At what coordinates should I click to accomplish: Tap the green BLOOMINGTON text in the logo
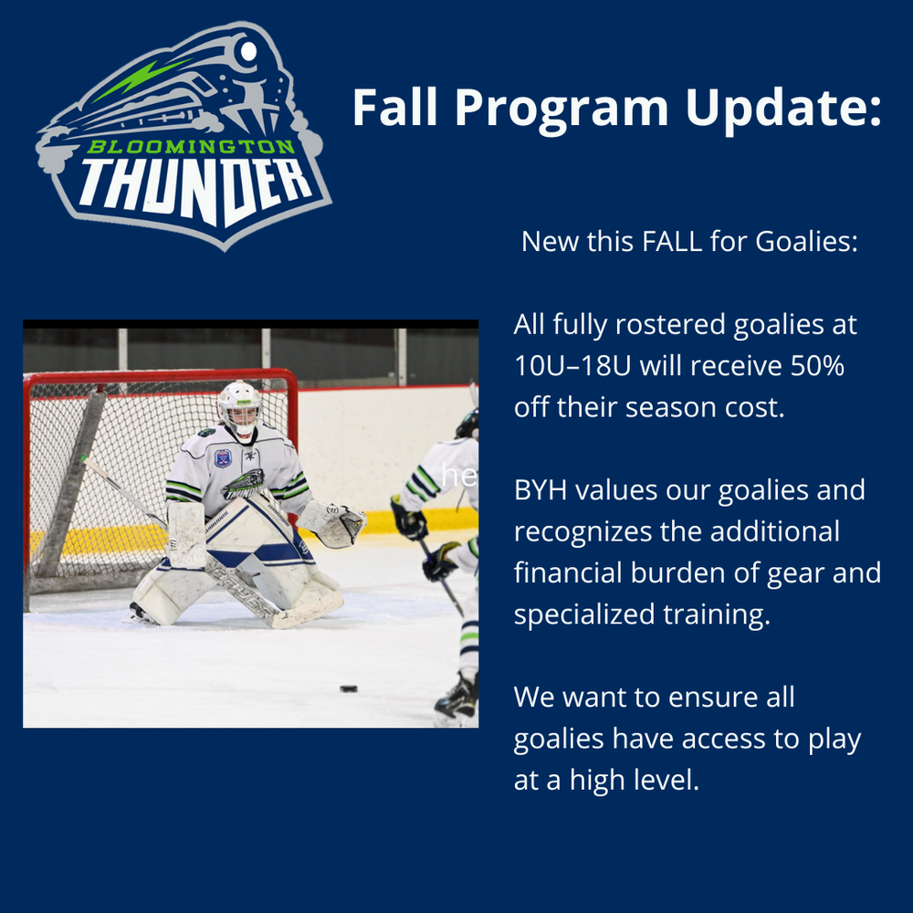pyautogui.click(x=192, y=146)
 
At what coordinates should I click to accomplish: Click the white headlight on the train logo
pyautogui.click(x=248, y=51)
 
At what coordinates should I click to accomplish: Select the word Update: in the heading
pyautogui.click(x=783, y=109)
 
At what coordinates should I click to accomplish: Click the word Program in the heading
pyautogui.click(x=561, y=109)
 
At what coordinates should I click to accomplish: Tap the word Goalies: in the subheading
pyautogui.click(x=806, y=241)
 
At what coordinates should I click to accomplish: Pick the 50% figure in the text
pyautogui.click(x=817, y=366)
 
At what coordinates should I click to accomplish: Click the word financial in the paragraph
pyautogui.click(x=568, y=572)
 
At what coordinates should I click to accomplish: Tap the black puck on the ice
pyautogui.click(x=348, y=688)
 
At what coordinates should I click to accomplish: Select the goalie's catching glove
pyautogui.click(x=333, y=523)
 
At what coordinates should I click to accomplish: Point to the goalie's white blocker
pyautogui.click(x=185, y=534)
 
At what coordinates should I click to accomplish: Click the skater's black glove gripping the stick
pyautogui.click(x=409, y=519)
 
